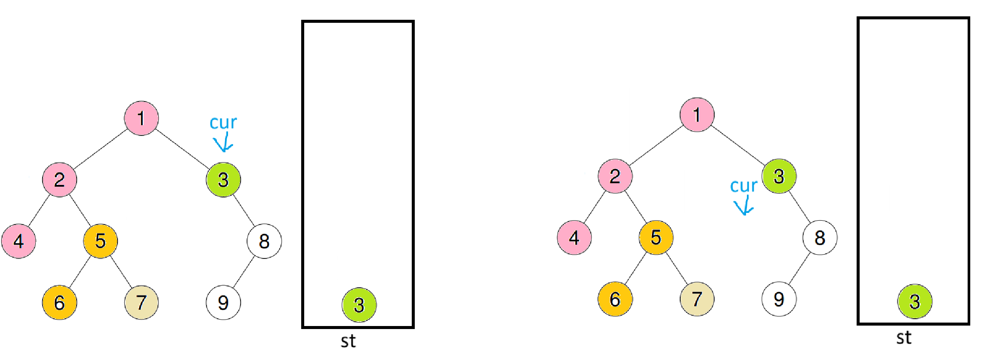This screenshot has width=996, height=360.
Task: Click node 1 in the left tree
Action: click(x=141, y=118)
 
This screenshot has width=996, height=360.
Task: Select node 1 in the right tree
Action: click(x=697, y=115)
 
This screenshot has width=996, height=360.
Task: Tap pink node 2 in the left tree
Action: click(x=59, y=180)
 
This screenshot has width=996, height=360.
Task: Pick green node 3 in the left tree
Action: click(x=223, y=180)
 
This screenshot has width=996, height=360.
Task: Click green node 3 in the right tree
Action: click(x=779, y=176)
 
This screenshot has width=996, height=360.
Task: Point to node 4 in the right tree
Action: click(x=574, y=238)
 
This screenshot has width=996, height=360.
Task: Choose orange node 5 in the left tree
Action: click(x=100, y=241)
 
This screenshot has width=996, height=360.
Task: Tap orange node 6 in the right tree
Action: click(x=615, y=299)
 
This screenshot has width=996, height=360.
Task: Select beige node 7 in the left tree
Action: click(x=141, y=302)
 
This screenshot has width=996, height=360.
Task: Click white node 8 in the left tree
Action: click(x=264, y=241)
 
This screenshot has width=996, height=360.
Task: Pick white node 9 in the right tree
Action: click(x=779, y=299)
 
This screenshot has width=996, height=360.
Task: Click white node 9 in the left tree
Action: click(x=223, y=302)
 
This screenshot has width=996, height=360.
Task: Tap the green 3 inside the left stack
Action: click(x=359, y=305)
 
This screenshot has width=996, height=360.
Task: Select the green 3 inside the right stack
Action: click(x=915, y=302)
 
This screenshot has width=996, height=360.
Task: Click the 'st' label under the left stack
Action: click(x=348, y=341)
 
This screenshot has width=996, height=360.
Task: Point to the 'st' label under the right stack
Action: click(x=903, y=338)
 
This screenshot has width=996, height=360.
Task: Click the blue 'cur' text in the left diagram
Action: click(x=223, y=123)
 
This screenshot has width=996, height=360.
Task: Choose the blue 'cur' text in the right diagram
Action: click(x=743, y=186)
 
